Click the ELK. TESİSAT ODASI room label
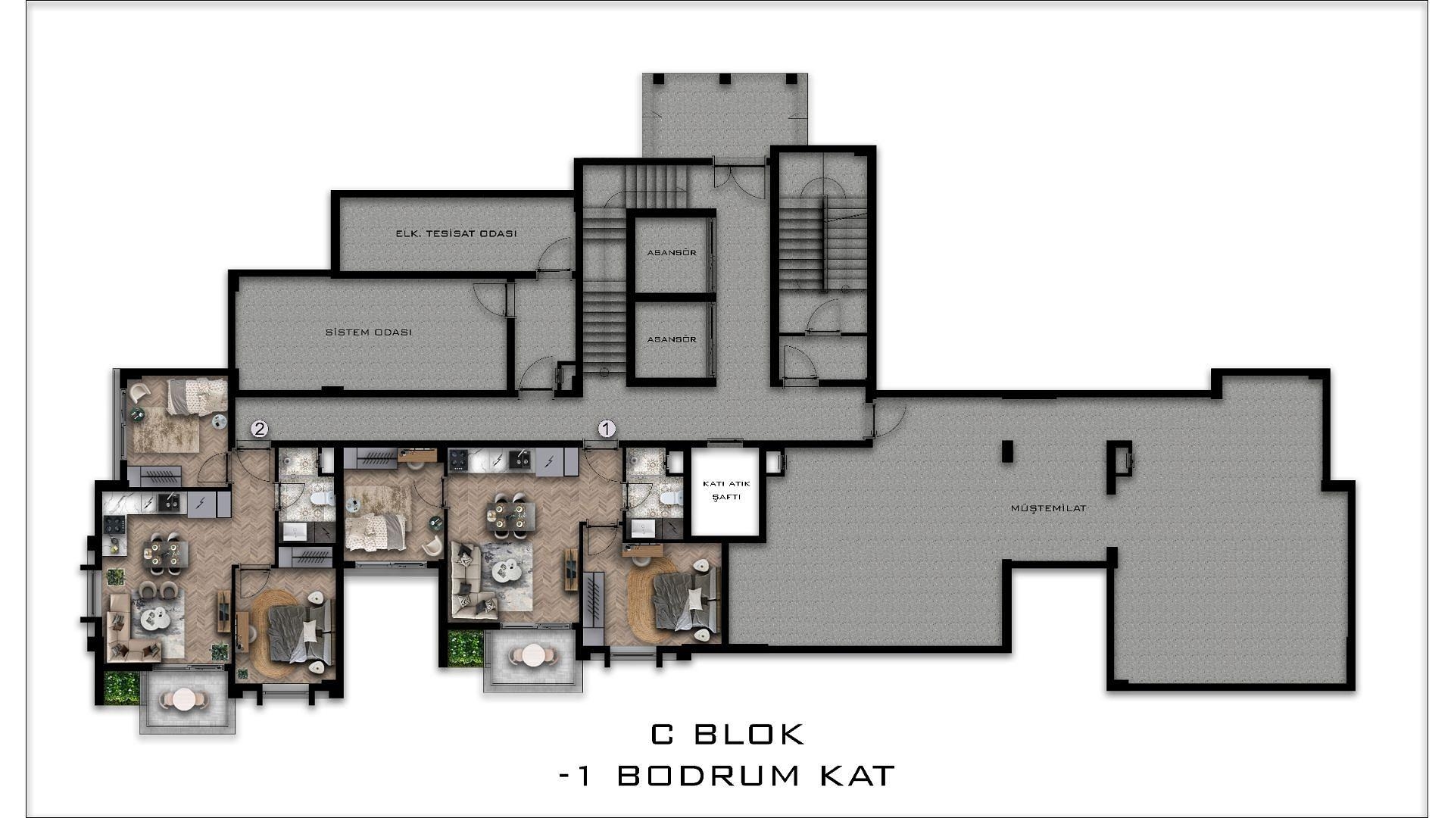pyautogui.click(x=456, y=233)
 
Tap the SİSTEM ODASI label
pyautogui.click(x=369, y=333)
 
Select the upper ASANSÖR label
pyautogui.click(x=672, y=252)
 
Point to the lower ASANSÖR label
pyautogui.click(x=672, y=339)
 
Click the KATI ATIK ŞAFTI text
pyautogui.click(x=725, y=490)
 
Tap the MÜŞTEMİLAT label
pyautogui.click(x=1049, y=508)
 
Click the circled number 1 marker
pyautogui.click(x=607, y=429)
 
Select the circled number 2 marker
pyautogui.click(x=259, y=429)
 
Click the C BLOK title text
pyautogui.click(x=728, y=734)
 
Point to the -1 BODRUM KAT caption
pyautogui.click(x=727, y=776)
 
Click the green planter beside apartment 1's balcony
pyautogui.click(x=465, y=648)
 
